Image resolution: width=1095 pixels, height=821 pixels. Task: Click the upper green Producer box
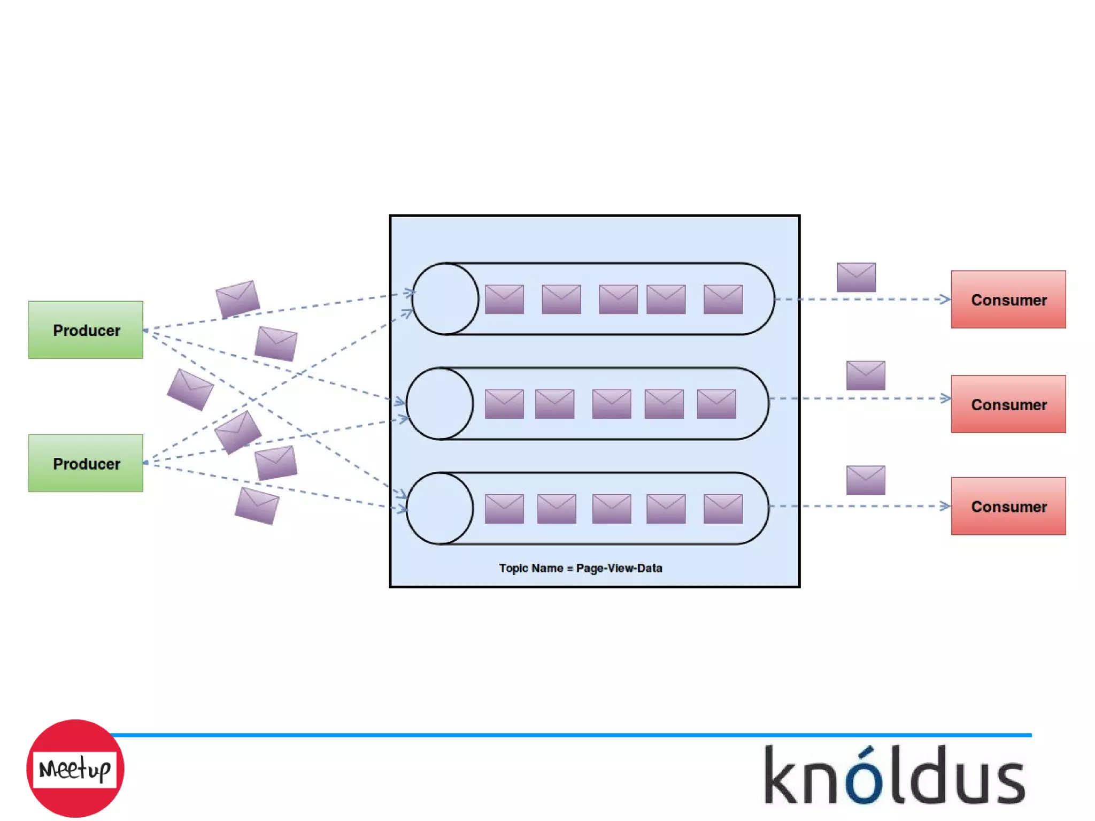pyautogui.click(x=86, y=330)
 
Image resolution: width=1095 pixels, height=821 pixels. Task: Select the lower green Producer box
pyautogui.click(x=86, y=463)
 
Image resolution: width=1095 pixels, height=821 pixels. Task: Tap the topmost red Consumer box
pyautogui.click(x=1008, y=300)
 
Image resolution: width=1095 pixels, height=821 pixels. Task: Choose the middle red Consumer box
pyautogui.click(x=1008, y=404)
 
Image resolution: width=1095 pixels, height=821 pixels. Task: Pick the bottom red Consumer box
pyautogui.click(x=1008, y=506)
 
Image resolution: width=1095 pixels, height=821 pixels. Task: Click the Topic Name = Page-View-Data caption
pyautogui.click(x=581, y=568)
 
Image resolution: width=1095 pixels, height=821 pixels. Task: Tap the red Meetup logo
pyautogui.click(x=75, y=769)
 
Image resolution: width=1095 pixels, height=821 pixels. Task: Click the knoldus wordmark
pyautogui.click(x=894, y=776)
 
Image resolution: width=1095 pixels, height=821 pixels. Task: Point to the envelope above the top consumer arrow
pyautogui.click(x=856, y=277)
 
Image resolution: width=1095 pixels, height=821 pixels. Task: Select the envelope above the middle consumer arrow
pyautogui.click(x=866, y=375)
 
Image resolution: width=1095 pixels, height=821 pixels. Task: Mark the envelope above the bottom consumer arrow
pyautogui.click(x=866, y=480)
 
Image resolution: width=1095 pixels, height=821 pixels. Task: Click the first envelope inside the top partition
pyautogui.click(x=504, y=299)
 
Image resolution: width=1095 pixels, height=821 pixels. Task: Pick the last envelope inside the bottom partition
pyautogui.click(x=723, y=509)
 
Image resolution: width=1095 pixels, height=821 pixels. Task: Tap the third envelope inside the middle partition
pyautogui.click(x=612, y=404)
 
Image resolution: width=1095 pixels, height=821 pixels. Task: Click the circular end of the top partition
pyautogui.click(x=445, y=299)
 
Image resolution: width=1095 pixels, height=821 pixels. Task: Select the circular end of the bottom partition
pyautogui.click(x=439, y=508)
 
